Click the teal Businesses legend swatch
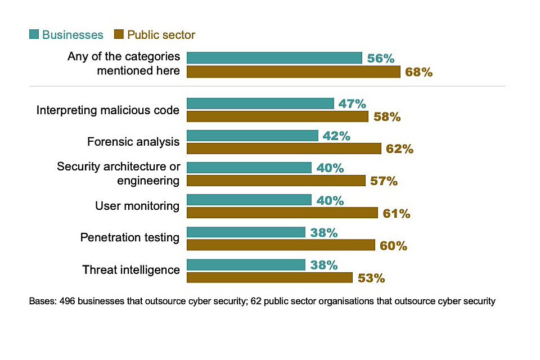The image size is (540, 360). click(x=34, y=35)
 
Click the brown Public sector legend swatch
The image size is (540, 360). click(x=119, y=35)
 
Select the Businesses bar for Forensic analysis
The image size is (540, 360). click(x=253, y=136)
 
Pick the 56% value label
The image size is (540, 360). click(x=381, y=58)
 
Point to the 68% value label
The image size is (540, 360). click(x=418, y=72)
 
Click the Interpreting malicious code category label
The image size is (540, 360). click(x=108, y=110)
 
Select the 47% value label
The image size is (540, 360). click(x=352, y=103)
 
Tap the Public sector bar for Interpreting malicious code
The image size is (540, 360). click(x=277, y=116)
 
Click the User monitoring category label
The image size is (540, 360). click(x=137, y=206)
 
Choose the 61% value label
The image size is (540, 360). click(x=396, y=213)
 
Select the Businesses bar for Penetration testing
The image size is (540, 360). click(x=246, y=232)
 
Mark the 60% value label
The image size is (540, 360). click(x=393, y=246)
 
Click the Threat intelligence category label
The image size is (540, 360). click(x=131, y=270)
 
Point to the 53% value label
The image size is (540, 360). click(x=371, y=278)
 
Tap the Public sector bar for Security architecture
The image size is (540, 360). click(x=276, y=181)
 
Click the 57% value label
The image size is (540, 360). click(x=384, y=181)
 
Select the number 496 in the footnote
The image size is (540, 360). click(x=67, y=301)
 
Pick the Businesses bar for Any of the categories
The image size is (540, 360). click(x=274, y=58)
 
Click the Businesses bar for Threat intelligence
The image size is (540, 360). click(x=246, y=265)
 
